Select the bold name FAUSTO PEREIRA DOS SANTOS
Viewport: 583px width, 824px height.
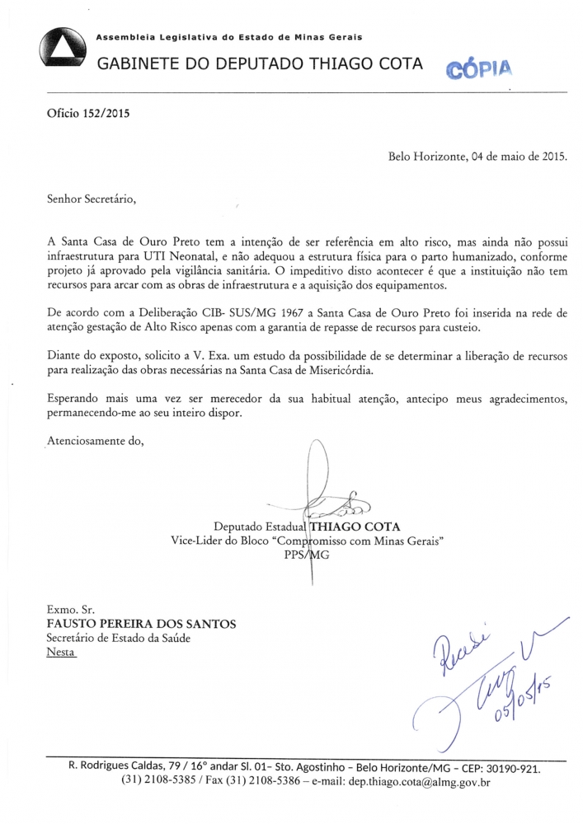142,624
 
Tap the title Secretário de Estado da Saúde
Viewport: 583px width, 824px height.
124,638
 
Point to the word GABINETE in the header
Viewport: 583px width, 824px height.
139,63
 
